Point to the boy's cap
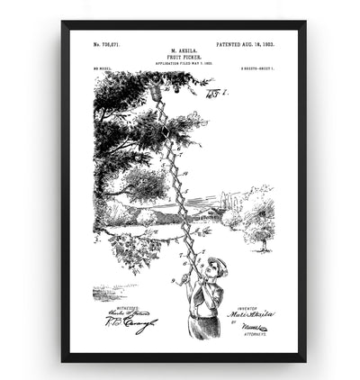coord(217,263)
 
